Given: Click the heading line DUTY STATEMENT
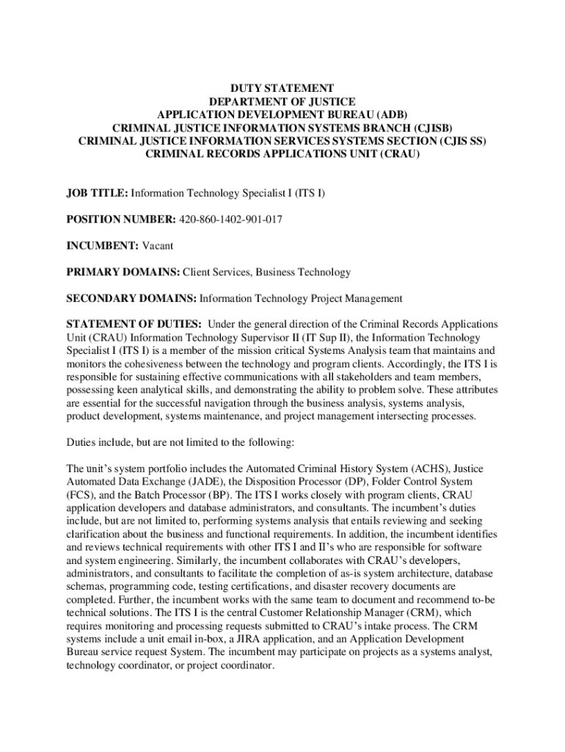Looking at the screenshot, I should [x=282, y=87].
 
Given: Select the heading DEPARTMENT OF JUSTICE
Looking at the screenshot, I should [x=282, y=101].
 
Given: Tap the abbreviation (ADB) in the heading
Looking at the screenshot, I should [x=390, y=114].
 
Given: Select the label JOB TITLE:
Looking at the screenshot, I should [x=97, y=193].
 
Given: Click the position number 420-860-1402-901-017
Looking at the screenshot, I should [x=230, y=220].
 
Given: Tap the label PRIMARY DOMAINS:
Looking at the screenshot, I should [x=123, y=272].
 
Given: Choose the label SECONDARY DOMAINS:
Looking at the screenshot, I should [x=132, y=299].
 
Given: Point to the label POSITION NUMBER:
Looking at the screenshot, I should [x=121, y=220].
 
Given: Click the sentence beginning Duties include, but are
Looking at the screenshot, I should [x=181, y=443].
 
